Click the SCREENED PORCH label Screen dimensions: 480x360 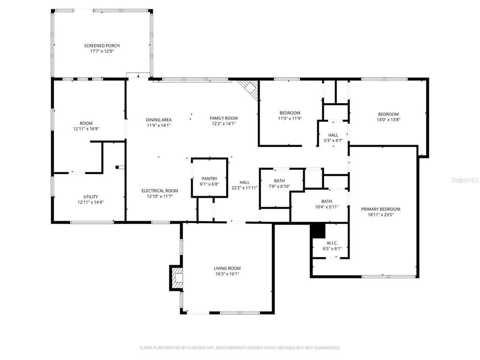click(102, 45)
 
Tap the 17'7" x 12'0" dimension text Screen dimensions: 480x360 click(102, 51)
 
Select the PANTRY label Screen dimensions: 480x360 click(210, 179)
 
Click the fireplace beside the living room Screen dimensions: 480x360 click(176, 278)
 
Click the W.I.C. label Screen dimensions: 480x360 click(332, 243)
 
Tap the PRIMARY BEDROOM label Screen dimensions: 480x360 click(381, 209)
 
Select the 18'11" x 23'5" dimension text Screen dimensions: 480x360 click(381, 215)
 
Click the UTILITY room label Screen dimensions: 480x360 click(90, 196)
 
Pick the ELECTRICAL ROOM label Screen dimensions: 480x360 click(159, 190)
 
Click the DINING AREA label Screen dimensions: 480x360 click(158, 120)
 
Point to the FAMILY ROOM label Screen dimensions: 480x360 click(224, 118)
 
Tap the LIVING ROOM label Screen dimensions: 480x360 click(227, 268)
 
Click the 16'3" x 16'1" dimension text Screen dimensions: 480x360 click(227, 274)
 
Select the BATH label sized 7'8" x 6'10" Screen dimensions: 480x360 click(279, 180)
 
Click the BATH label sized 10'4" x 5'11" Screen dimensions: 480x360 click(327, 201)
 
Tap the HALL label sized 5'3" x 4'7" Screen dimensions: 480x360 click(333, 135)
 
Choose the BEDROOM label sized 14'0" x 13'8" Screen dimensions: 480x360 click(388, 114)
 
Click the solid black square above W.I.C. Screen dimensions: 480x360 click(318, 231)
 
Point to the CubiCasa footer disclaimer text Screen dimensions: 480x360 click(240, 348)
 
